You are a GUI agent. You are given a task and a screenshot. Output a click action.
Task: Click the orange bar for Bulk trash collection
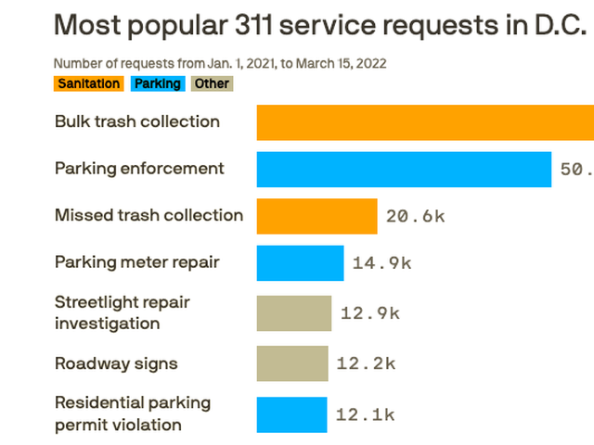point(425,122)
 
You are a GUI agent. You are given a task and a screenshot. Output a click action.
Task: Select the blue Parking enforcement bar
point(404,169)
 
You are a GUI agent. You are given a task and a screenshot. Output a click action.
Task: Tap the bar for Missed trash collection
point(316,216)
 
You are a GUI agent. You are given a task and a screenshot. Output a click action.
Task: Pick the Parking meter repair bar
point(300,262)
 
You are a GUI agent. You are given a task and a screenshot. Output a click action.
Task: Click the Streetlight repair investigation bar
point(293,312)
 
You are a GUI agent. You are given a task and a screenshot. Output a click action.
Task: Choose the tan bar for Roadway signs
point(291,363)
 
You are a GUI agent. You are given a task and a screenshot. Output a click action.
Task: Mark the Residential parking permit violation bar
point(291,414)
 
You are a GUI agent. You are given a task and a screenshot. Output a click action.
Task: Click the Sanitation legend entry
point(88,84)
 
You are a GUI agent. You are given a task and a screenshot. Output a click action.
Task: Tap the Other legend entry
point(212,84)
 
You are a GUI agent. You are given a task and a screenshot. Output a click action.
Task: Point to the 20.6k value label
point(415,216)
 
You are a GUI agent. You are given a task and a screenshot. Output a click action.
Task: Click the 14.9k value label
point(381,262)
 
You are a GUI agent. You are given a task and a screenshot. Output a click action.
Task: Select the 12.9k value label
point(369,312)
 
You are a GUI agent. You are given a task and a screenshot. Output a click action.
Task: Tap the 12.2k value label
point(366,363)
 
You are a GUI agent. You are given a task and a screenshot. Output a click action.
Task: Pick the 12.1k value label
point(365,414)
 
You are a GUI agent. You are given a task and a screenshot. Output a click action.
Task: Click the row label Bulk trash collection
point(137,121)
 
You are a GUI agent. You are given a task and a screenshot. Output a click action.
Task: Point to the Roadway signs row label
point(116,363)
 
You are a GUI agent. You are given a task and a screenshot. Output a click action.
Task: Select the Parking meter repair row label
point(137,262)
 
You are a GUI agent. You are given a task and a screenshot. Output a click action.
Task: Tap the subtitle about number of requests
point(220,64)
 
